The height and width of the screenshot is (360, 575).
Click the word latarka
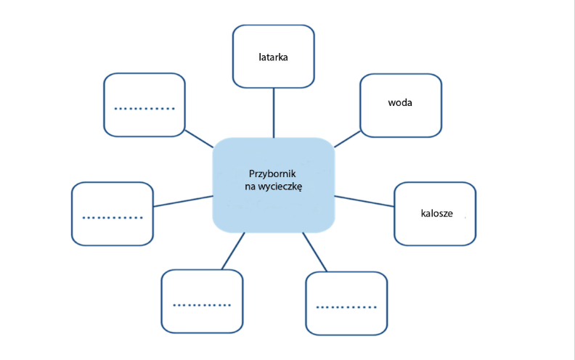(x=274, y=56)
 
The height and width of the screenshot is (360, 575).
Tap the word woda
(x=400, y=102)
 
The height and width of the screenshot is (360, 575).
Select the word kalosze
(x=437, y=213)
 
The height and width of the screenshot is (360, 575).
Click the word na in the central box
(x=250, y=187)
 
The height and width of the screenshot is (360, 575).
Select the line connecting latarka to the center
(x=274, y=112)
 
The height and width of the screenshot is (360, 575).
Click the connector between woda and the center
(x=347, y=139)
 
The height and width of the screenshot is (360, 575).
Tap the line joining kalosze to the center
(x=364, y=200)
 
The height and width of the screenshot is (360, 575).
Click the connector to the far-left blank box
(x=183, y=201)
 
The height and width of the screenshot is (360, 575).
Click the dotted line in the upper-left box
(x=144, y=109)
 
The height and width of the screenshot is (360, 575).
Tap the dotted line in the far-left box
(x=113, y=217)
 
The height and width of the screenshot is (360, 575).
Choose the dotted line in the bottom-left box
(x=202, y=305)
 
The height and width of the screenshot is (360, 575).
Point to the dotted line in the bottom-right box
(x=346, y=306)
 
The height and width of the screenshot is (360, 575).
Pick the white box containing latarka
(x=274, y=73)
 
